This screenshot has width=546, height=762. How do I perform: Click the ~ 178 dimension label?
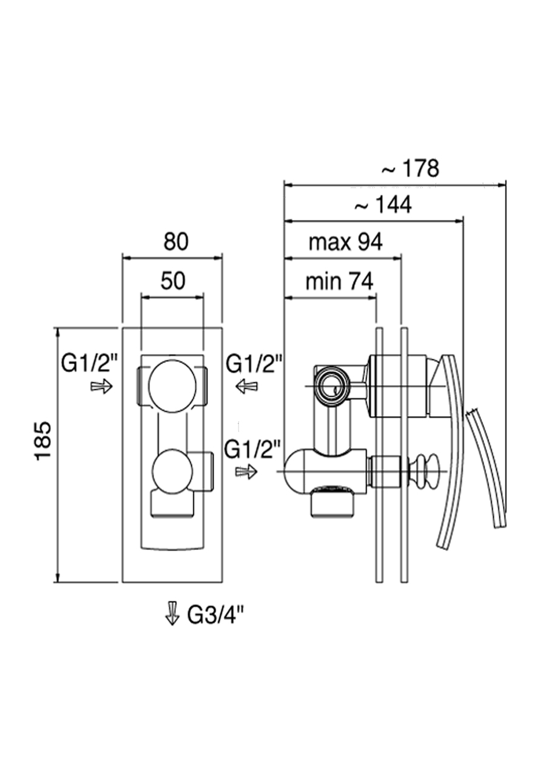[x=411, y=168]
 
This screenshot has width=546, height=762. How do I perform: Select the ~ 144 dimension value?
[x=383, y=205]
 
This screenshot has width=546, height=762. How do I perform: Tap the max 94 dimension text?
[x=345, y=242]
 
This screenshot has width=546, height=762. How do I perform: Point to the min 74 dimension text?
[x=339, y=282]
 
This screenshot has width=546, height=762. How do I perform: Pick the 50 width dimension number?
[x=173, y=280]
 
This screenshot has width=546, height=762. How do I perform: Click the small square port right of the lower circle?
[x=205, y=472]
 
